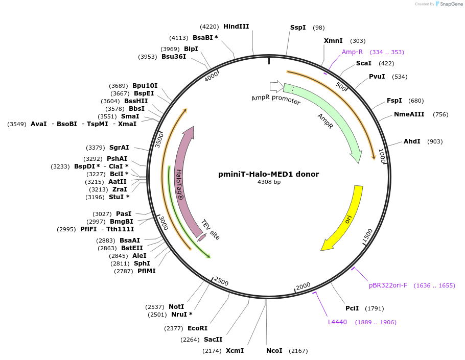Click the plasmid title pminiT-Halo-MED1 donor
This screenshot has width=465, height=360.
268,174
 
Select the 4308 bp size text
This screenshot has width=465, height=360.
268,182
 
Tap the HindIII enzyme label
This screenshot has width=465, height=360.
236,26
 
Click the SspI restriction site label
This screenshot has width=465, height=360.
298,28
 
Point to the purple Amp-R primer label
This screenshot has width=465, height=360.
352,52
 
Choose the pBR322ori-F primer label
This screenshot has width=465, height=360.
388,285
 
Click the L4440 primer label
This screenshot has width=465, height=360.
337,322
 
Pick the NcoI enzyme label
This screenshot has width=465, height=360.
274,351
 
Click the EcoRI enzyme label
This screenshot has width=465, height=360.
197,328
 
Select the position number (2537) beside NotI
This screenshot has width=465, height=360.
154,307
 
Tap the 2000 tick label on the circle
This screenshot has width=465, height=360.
303,286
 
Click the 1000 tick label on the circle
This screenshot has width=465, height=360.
381,155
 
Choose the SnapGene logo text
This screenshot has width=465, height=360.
449,4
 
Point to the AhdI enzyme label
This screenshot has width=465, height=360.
412,141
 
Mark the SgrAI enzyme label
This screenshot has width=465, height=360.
119,148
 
